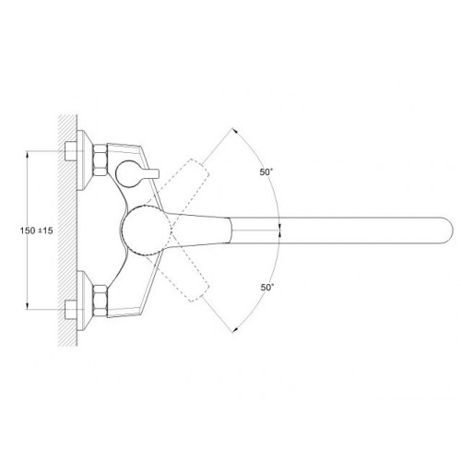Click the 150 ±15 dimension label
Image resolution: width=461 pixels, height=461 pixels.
pyautogui.click(x=36, y=230)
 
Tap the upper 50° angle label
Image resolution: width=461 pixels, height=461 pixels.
pyautogui.click(x=266, y=172)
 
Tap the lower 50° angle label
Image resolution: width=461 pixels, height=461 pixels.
pyautogui.click(x=267, y=288)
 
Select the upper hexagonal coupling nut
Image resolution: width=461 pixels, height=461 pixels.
pyautogui.click(x=100, y=160)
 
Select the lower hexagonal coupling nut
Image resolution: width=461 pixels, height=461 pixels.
pyautogui.click(x=100, y=301)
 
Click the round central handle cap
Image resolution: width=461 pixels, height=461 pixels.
pyautogui.click(x=146, y=230)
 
